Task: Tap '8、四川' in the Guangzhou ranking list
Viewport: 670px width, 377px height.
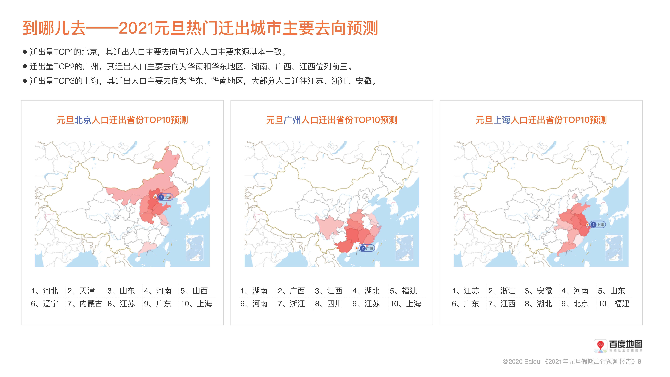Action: [x=328, y=304]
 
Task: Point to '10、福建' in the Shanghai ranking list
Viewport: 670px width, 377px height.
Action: [x=614, y=304]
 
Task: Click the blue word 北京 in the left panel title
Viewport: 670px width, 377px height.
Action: [x=83, y=120]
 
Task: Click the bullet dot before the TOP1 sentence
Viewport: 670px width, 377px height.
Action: [x=25, y=52]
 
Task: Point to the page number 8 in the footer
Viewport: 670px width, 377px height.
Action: [x=640, y=361]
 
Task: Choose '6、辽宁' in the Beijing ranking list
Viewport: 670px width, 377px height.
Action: [x=44, y=304]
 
